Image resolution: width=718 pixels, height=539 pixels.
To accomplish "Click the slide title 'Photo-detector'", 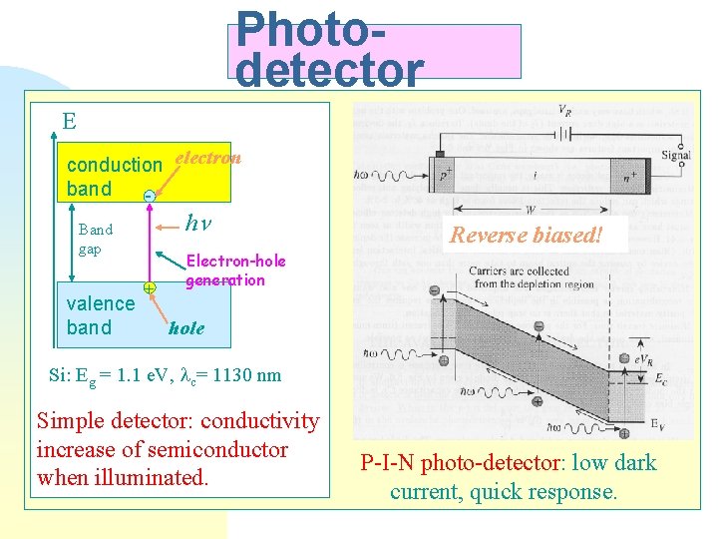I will tap(329, 48).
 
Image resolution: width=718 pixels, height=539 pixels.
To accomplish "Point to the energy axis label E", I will tap(69, 122).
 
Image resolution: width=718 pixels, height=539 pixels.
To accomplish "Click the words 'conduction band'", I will tap(113, 176).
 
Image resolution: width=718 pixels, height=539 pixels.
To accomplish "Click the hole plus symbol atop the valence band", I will tap(149, 287).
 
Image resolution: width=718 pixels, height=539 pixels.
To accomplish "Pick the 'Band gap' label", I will tap(95, 239).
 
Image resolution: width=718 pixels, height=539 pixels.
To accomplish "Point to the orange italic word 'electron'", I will tap(207, 157).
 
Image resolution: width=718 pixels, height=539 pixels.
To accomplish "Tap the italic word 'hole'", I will tap(186, 327).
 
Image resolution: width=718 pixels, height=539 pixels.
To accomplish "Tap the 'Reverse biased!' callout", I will tap(526, 236).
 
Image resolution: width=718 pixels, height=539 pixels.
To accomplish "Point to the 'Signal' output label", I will tap(675, 155).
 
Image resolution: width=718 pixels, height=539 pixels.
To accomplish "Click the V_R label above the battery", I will tap(564, 110).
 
